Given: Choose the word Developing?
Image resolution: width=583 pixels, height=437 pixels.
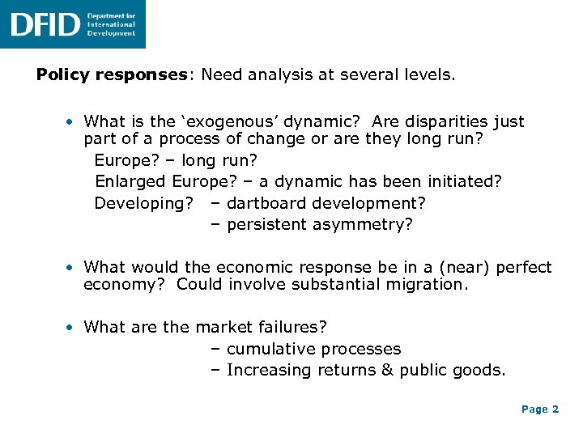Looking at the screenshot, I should point(140,202).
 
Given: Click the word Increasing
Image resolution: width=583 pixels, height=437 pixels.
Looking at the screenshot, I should point(269,370).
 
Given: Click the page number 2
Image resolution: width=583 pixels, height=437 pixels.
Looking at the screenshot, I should point(555,409).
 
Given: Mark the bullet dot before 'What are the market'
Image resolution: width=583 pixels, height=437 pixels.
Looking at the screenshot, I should point(72,328).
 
